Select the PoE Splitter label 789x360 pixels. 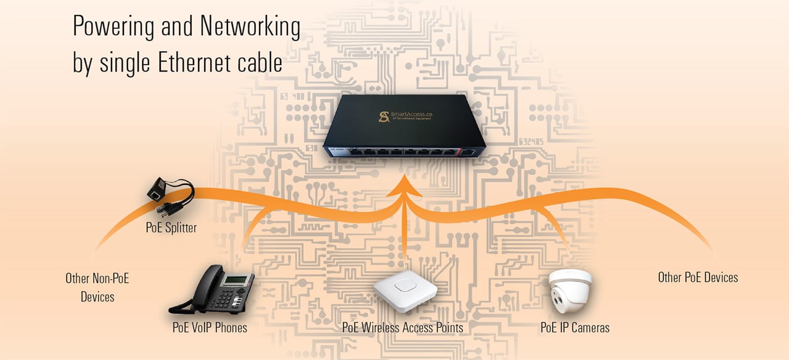pos(171,227)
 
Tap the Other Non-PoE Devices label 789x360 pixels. pos(97,287)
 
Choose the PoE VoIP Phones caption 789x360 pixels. pos(210,328)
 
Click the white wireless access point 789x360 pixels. pos(405,290)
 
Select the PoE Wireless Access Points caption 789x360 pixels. pos(403,328)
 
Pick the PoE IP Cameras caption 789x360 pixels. pos(574,328)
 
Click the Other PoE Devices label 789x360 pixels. pos(698,277)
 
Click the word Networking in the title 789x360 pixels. pos(250,28)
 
